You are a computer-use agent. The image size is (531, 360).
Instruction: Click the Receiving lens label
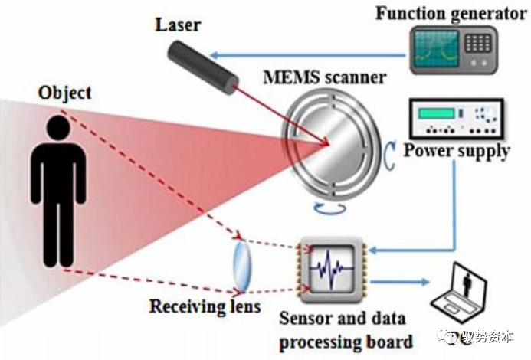coord(203,307)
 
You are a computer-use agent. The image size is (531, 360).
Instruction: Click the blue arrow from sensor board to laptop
coord(398,283)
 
